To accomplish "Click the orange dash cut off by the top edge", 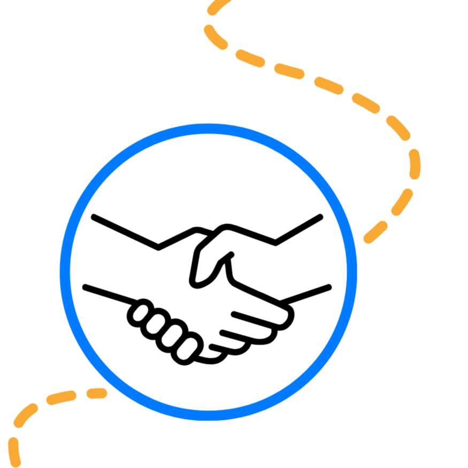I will click(x=219, y=6).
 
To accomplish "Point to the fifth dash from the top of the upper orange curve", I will click(x=328, y=86).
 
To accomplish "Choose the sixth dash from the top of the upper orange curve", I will click(x=366, y=103).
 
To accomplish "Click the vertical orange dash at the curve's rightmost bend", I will click(x=415, y=164).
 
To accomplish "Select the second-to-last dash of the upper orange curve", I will click(x=402, y=202).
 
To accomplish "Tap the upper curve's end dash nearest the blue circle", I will click(x=375, y=232).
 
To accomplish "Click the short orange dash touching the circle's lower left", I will click(x=97, y=394).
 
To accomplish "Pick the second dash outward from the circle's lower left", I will click(x=61, y=397).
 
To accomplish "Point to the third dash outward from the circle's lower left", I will click(x=26, y=416).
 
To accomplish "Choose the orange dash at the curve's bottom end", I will click(x=14, y=452).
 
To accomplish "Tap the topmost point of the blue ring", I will click(x=208, y=128).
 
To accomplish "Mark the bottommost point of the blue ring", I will click(x=208, y=416).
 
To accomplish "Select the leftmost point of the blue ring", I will click(x=65, y=272).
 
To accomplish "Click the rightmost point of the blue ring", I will click(x=352, y=272).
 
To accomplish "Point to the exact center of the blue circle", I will click(x=208, y=272).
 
